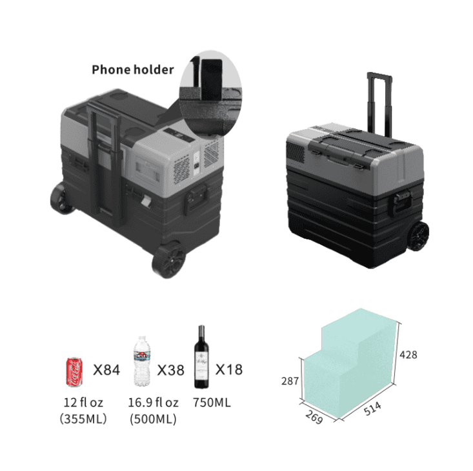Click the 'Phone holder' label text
[133, 70]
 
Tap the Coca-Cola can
[74, 372]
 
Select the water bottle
[142, 361]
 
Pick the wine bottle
[201, 357]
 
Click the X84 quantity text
[106, 370]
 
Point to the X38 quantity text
[170, 370]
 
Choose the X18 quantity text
[228, 370]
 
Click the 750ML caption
[212, 403]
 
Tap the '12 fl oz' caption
[83, 403]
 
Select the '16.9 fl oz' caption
[153, 403]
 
